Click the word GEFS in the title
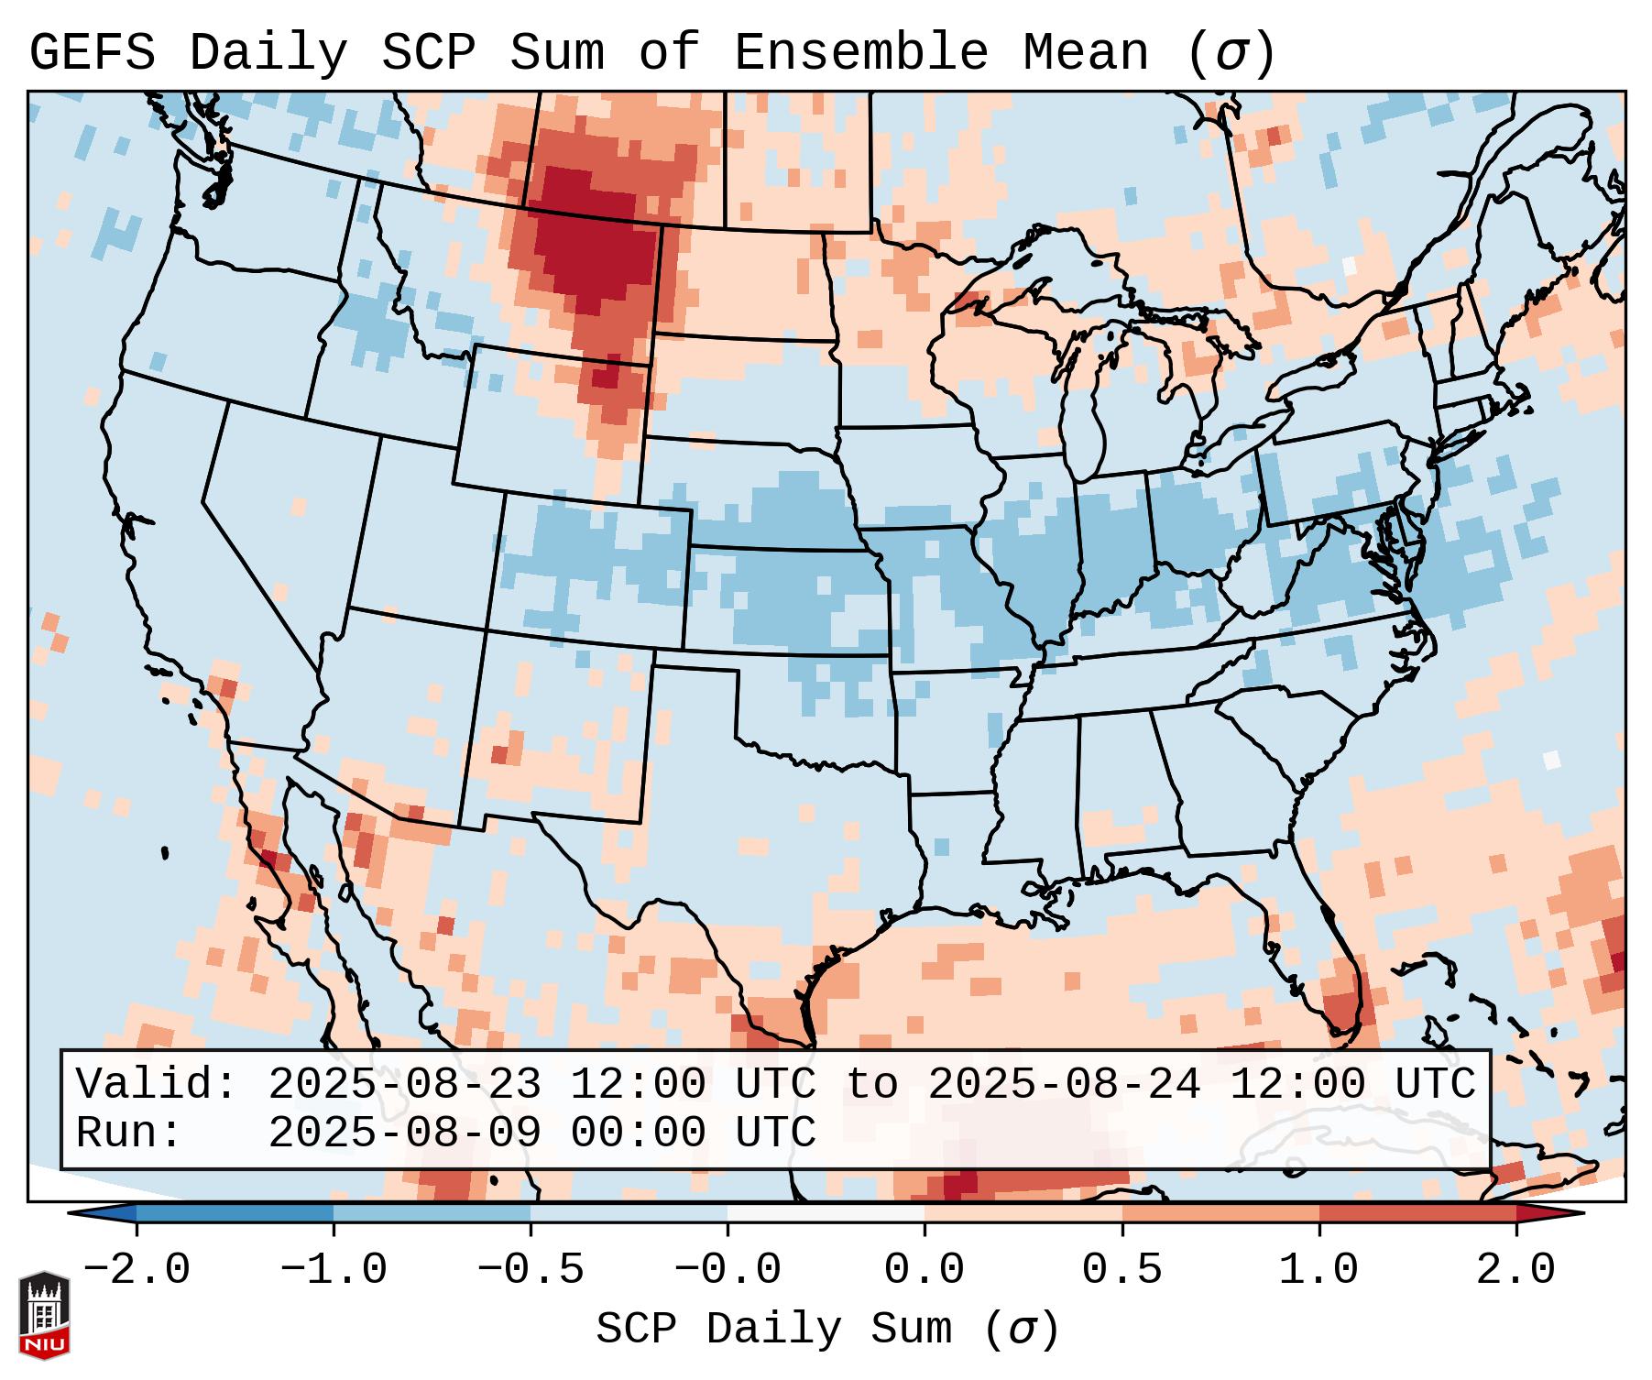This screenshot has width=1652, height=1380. (x=92, y=53)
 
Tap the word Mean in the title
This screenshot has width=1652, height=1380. (x=1085, y=53)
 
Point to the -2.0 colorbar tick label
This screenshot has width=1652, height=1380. (x=137, y=1270)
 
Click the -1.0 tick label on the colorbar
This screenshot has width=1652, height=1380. (x=334, y=1270)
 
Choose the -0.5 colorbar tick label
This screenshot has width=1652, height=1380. (x=531, y=1270)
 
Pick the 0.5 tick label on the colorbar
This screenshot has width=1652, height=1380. (x=1122, y=1270)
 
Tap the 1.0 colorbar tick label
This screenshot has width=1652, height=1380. (x=1319, y=1270)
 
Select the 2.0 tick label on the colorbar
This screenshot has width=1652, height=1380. (x=1516, y=1270)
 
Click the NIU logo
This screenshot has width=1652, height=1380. (x=44, y=1315)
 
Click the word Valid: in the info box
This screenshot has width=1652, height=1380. (x=157, y=1085)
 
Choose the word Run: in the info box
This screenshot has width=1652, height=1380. (x=129, y=1134)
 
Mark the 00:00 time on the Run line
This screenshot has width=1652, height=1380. (x=638, y=1134)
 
